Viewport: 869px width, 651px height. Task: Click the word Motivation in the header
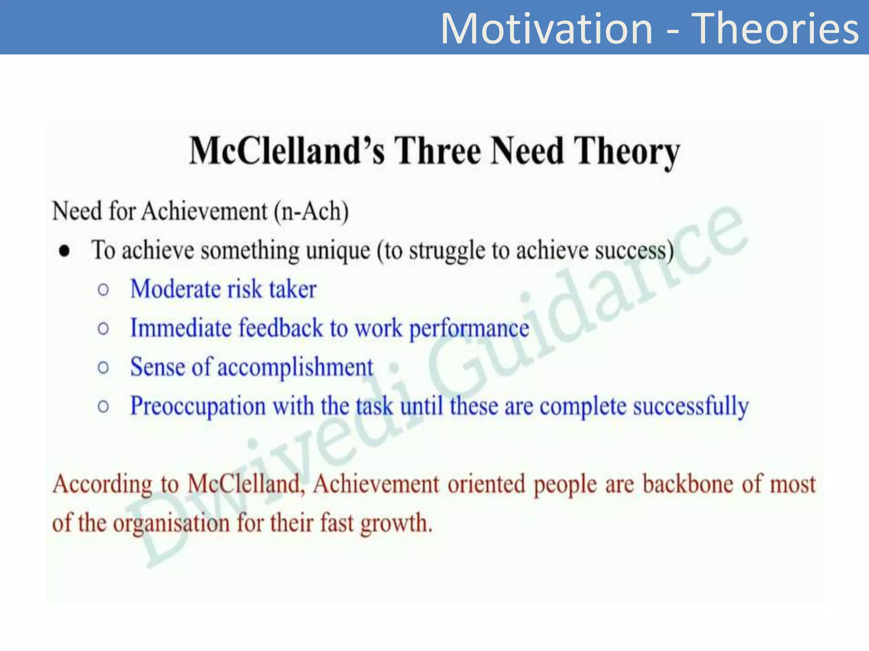click(x=547, y=29)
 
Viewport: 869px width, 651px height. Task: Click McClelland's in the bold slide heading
click(x=287, y=151)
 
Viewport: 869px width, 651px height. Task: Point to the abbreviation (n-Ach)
click(x=311, y=211)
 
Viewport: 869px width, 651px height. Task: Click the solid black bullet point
click(x=64, y=251)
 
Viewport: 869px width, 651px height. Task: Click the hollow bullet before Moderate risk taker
click(x=103, y=290)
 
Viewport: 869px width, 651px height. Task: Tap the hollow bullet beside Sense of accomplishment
click(x=103, y=367)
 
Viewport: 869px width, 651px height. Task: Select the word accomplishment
click(x=295, y=367)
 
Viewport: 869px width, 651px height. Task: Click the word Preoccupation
click(x=198, y=406)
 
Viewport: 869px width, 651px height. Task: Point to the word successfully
click(x=691, y=406)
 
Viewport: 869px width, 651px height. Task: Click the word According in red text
click(x=102, y=484)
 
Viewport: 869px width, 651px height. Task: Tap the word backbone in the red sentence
click(x=687, y=484)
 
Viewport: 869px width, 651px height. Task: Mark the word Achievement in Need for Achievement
click(x=205, y=211)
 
